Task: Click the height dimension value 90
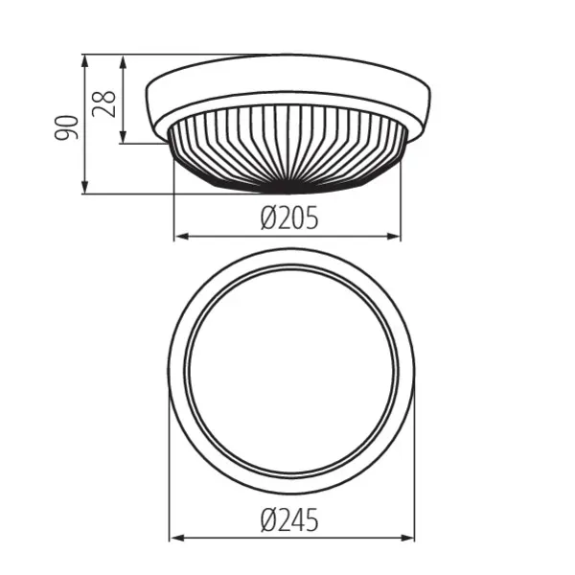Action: [x=65, y=126]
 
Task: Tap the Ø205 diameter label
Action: [x=288, y=219]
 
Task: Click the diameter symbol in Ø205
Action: [x=267, y=219]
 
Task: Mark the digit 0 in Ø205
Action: [x=294, y=219]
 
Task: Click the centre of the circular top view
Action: [x=291, y=370]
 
